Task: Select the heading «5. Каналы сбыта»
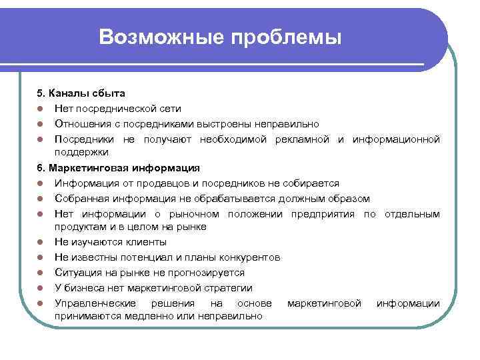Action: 81,93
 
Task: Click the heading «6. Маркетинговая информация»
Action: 119,167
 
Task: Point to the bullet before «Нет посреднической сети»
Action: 41,108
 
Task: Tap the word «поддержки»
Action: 81,152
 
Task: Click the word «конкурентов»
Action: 245,257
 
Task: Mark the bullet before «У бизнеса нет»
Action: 41,288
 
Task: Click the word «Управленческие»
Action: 93,303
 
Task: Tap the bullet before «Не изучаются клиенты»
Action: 41,242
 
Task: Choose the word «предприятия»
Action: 323,213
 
